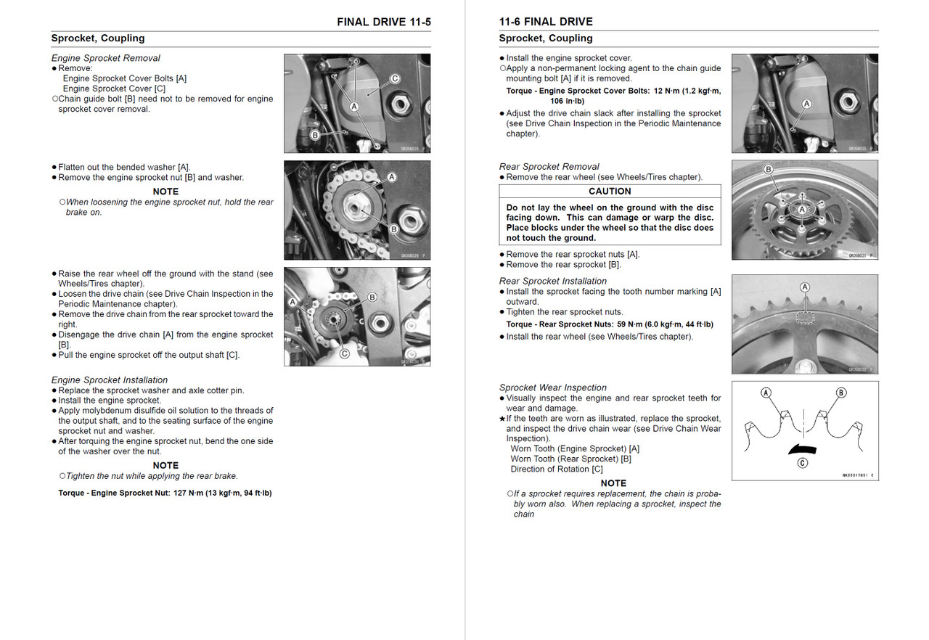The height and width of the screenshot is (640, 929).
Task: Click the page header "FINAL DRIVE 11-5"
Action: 383,22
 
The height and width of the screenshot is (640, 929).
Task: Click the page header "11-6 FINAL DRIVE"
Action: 546,22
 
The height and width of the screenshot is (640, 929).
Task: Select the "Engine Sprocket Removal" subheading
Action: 105,58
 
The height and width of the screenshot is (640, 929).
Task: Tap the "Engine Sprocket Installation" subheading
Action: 109,380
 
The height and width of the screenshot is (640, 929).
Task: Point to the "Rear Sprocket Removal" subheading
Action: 549,166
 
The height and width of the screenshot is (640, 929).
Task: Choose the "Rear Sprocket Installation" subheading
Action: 552,281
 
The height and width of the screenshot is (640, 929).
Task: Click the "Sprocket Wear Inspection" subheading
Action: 552,387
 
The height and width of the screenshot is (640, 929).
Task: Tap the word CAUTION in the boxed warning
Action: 610,191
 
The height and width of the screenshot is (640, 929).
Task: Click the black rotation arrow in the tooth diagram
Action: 803,448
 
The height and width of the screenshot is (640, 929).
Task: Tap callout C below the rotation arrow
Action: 802,463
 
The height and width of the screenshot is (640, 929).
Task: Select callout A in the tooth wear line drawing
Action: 766,393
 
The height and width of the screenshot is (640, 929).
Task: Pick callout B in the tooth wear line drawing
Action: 840,393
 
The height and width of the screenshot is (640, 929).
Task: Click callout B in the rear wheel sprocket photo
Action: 768,170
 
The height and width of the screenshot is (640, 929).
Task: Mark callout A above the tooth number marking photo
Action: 804,287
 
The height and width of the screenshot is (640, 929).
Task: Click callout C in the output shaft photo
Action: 344,353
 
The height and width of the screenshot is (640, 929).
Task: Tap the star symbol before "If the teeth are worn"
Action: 502,419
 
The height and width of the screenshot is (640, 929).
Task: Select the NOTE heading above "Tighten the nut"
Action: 165,465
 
